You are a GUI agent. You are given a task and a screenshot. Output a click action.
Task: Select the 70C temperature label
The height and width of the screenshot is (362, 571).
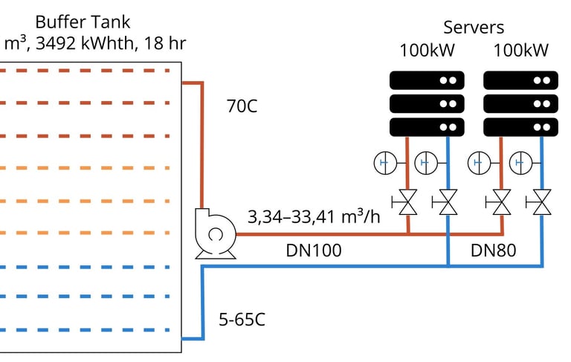(x=242, y=106)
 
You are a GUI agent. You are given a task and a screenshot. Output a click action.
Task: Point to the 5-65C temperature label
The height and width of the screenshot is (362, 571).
(x=242, y=321)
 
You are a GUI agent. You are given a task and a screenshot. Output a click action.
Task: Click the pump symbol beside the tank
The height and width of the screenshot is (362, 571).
(x=215, y=234)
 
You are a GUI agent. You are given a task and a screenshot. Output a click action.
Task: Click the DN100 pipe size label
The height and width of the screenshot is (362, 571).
(x=314, y=251)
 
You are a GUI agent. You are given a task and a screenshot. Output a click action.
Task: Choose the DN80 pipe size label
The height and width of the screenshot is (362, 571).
(x=493, y=251)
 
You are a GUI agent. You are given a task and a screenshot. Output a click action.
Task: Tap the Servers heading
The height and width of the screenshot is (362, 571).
(x=474, y=28)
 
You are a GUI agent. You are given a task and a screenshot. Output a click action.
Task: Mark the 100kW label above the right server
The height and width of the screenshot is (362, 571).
(x=520, y=51)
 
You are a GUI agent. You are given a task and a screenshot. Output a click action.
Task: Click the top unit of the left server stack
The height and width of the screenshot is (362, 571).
(x=428, y=80)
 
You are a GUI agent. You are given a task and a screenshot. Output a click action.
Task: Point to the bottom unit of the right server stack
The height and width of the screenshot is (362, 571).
(x=520, y=127)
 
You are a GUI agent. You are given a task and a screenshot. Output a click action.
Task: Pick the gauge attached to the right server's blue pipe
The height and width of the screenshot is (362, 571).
(x=520, y=162)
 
